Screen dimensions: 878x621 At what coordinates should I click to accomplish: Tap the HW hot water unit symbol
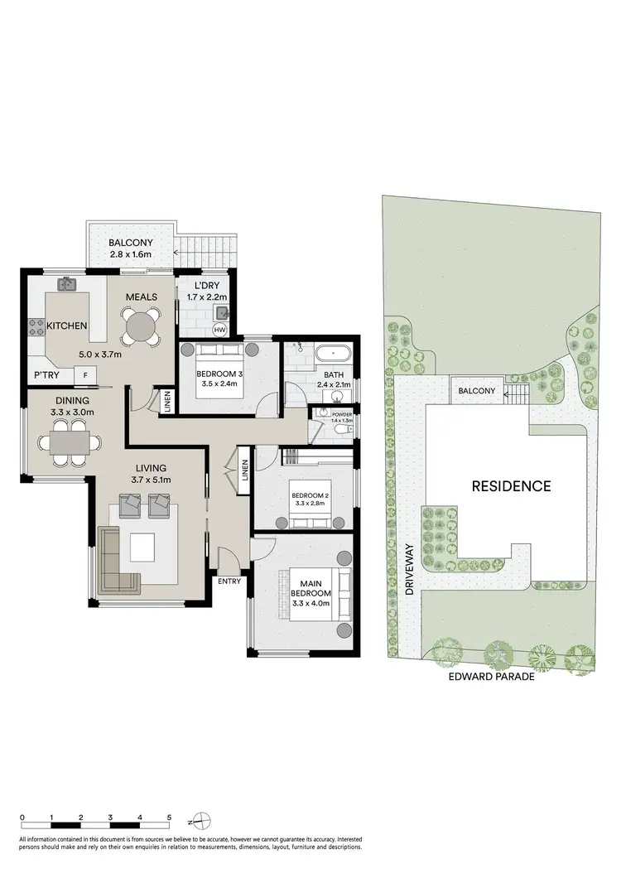click(219, 330)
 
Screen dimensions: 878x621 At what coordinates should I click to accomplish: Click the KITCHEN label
click(67, 326)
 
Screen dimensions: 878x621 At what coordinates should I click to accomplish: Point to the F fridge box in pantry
click(84, 376)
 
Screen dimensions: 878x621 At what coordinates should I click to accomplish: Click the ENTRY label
click(229, 581)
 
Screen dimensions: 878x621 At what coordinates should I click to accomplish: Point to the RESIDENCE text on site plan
click(511, 486)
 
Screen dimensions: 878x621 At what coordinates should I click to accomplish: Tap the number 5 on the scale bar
click(169, 817)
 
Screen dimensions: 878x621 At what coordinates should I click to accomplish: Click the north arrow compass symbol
click(195, 822)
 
